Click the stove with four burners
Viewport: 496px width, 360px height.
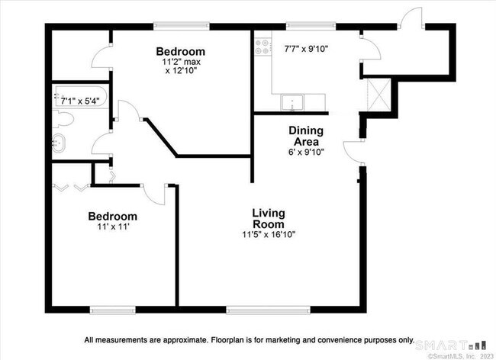coord(262,47)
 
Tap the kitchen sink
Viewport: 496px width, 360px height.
coord(292,102)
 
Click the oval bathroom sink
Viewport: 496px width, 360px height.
coord(59,143)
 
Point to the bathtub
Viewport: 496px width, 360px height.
coord(81,96)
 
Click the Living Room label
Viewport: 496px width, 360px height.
coord(269,218)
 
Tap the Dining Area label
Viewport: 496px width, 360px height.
coord(306,136)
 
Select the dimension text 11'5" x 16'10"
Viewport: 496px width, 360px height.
coord(269,234)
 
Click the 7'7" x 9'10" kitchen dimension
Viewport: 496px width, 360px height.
coord(306,49)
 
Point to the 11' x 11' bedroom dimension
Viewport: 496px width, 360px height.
coord(114,227)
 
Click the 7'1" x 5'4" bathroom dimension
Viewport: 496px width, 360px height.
coord(80,101)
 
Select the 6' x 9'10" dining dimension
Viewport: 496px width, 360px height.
coord(306,152)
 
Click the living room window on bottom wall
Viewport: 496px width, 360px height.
coord(269,310)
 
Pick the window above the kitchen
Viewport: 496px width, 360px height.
coord(311,26)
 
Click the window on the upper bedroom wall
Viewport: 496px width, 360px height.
coord(182,26)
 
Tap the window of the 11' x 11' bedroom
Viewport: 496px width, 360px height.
coord(113,310)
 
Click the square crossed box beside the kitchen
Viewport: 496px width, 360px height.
coord(378,95)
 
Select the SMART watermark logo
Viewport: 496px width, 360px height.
coord(450,346)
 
